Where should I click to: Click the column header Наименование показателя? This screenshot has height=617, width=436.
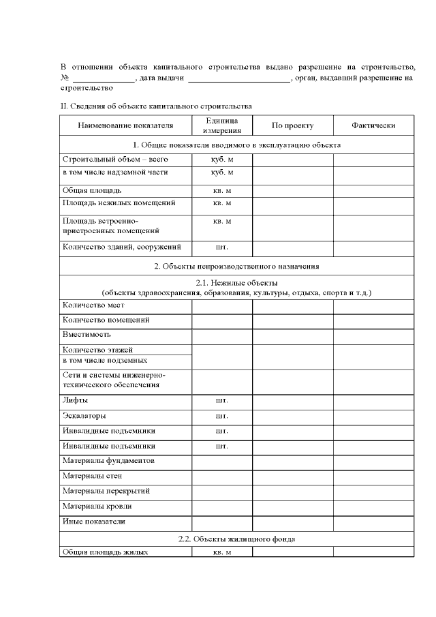point(125,125)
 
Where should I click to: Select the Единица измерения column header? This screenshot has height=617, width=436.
point(222,125)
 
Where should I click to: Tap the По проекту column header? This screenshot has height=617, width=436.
point(292,125)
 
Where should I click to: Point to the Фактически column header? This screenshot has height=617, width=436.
point(373,125)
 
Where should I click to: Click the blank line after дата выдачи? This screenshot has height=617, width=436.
point(238,78)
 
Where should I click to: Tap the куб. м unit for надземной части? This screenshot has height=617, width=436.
point(222,172)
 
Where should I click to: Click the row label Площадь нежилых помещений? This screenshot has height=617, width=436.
point(119,203)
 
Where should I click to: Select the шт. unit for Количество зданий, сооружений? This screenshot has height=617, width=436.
point(222,247)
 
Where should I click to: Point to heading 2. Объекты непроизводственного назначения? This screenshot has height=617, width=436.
point(236,266)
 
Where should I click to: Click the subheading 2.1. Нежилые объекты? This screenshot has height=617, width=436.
point(236,283)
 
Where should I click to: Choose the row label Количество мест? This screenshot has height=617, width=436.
point(93,305)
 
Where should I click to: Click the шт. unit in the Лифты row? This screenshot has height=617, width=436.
point(222,400)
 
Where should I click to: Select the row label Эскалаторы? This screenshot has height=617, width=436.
point(84,415)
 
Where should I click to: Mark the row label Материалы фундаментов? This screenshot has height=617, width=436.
point(108,461)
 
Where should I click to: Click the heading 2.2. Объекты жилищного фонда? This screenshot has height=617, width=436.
point(236,539)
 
